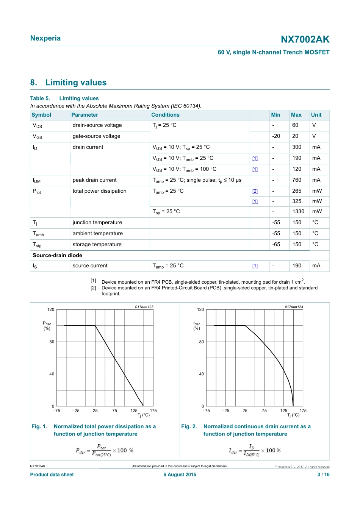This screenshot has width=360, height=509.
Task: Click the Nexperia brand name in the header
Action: pyautogui.click(x=45, y=38)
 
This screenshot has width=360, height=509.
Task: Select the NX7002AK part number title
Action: pyautogui.click(x=305, y=39)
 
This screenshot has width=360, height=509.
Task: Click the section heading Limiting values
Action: pyautogui.click(x=76, y=83)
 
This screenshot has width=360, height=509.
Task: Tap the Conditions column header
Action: pyautogui.click(x=165, y=115)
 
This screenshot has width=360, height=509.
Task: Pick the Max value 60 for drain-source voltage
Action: pyautogui.click(x=295, y=125)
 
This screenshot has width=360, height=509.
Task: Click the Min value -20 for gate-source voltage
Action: pyautogui.click(x=276, y=136)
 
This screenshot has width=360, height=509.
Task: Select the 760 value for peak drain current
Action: pyautogui.click(x=297, y=180)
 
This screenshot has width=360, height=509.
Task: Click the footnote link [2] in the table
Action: pyautogui.click(x=255, y=191)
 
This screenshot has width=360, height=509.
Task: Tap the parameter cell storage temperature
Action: pyautogui.click(x=97, y=244)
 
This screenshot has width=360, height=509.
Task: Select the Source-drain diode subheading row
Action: pyautogui.click(x=58, y=255)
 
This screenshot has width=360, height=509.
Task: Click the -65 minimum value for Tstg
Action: pyautogui.click(x=276, y=244)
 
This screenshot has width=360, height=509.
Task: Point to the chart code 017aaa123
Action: pyautogui.click(x=144, y=307)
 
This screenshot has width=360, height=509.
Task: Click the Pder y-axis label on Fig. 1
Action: pyautogui.click(x=47, y=326)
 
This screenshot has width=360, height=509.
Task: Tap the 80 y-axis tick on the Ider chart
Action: pyautogui.click(x=202, y=342)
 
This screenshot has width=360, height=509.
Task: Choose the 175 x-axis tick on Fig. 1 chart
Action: pyautogui.click(x=153, y=411)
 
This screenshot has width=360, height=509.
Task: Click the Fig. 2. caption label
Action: pyautogui.click(x=189, y=426)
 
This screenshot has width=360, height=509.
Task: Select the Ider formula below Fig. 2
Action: pyautogui.click(x=255, y=450)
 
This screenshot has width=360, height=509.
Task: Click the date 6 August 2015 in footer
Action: pyautogui.click(x=180, y=475)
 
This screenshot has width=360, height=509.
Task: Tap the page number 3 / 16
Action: pyautogui.click(x=323, y=475)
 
